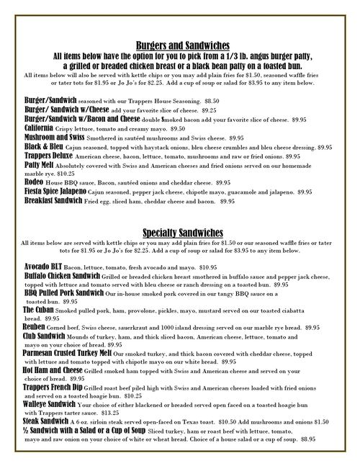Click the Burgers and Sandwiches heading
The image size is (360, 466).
tap(179, 45)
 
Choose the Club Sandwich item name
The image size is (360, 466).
tap(48, 335)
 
